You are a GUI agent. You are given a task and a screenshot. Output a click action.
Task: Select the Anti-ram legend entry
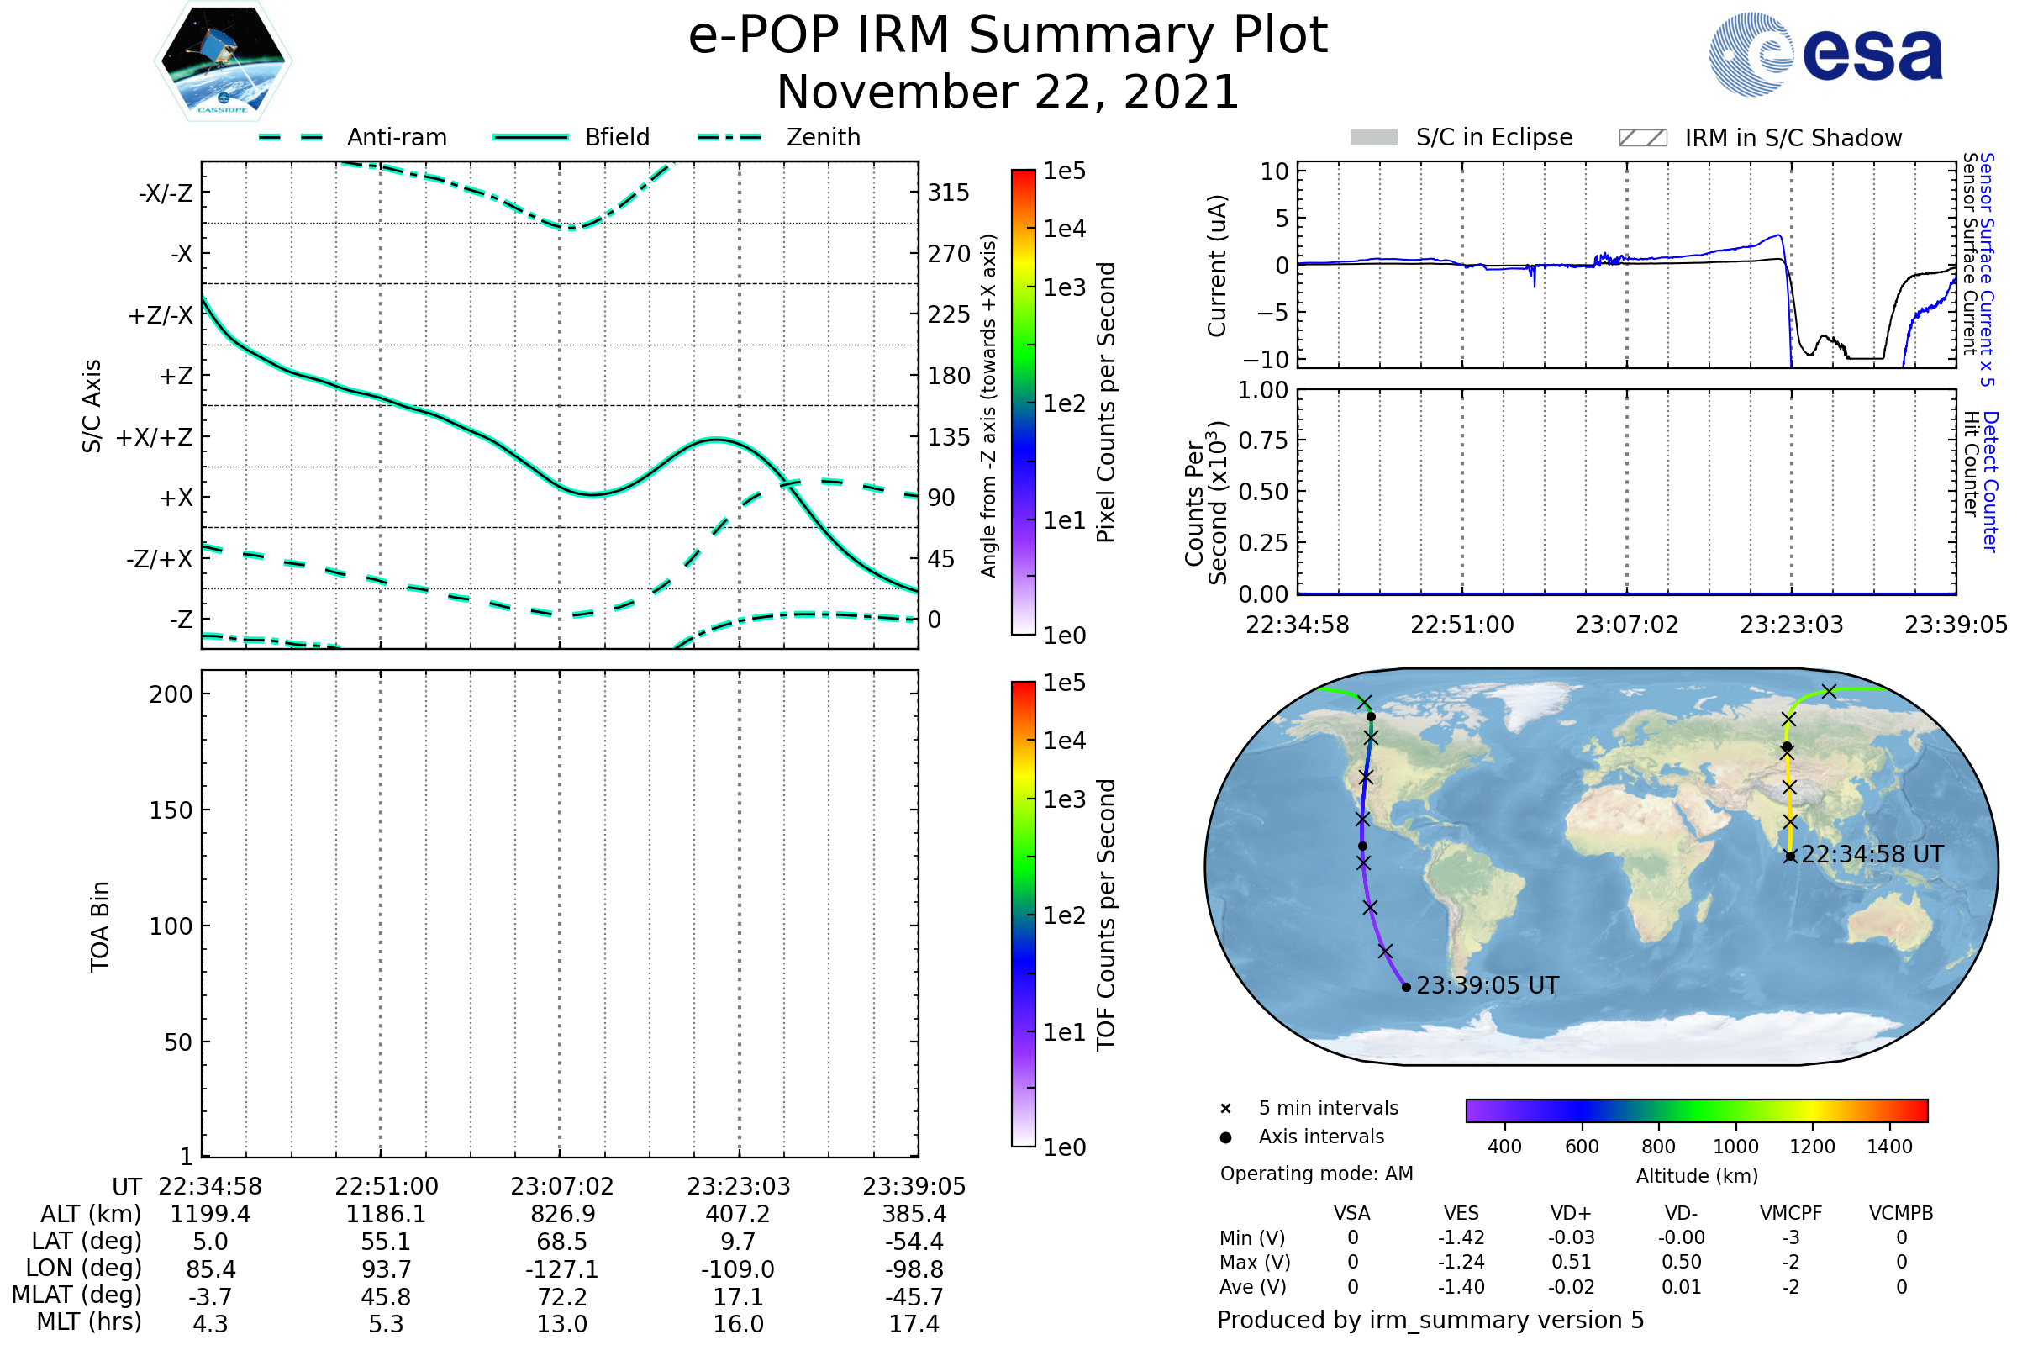pos(396,137)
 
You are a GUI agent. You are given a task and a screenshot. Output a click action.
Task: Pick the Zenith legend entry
pos(823,137)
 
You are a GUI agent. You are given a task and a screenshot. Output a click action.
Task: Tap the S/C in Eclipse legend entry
pos(1493,137)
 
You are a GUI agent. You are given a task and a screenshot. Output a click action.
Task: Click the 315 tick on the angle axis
pos(948,193)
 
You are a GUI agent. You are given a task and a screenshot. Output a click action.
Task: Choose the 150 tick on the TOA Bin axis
pos(171,810)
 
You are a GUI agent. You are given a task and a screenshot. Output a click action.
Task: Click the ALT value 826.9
pos(561,1214)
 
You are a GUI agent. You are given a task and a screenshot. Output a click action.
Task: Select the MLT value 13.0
pos(561,1323)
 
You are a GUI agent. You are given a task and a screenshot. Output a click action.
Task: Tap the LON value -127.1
pos(561,1269)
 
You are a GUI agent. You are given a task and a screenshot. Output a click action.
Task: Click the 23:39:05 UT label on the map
pos(1487,985)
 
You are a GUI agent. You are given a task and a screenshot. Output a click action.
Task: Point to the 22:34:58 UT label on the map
pos(1872,854)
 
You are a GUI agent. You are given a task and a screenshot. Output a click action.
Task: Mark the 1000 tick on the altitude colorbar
pos(1735,1147)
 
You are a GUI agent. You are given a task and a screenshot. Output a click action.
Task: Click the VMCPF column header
pos(1791,1213)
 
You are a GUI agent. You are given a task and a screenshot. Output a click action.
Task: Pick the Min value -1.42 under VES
pos(1461,1237)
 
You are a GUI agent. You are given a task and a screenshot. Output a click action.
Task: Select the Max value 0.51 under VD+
pos(1571,1262)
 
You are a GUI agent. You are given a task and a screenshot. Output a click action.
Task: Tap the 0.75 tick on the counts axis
pos(1263,440)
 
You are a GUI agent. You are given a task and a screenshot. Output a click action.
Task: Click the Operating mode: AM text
pos(1316,1174)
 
